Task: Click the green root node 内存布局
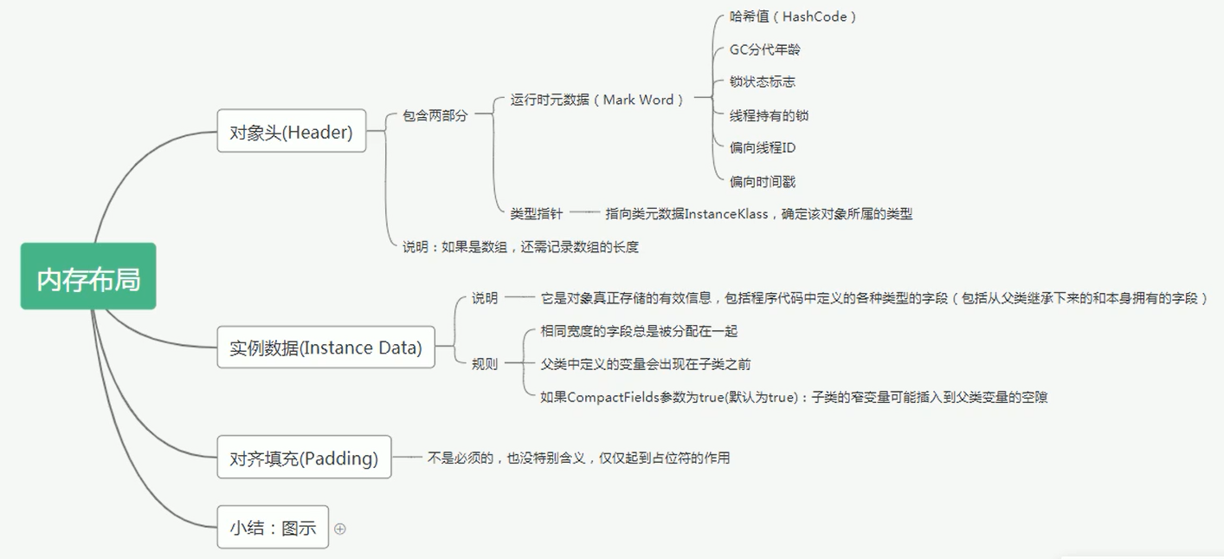point(88,276)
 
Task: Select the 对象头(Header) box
point(291,131)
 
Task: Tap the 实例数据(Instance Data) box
point(325,347)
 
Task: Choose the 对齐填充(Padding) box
point(304,457)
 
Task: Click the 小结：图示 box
point(273,527)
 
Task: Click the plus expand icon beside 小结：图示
point(340,529)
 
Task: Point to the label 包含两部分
point(435,115)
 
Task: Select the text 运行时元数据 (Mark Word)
point(597,100)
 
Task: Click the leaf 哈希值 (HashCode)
point(793,16)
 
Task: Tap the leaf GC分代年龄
point(764,49)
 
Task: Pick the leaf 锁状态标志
point(762,82)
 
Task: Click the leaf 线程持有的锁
point(769,115)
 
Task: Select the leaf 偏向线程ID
point(763,148)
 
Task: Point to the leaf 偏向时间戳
point(762,181)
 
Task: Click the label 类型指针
point(536,213)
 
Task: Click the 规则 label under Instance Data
point(485,364)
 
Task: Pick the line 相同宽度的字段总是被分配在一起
point(639,331)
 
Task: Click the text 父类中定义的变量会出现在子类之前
point(646,364)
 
